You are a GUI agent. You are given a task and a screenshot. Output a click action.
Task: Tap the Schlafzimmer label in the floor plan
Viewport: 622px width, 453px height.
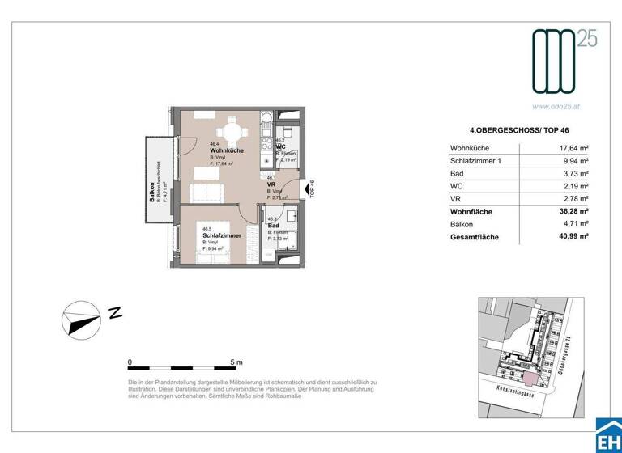tap(220, 235)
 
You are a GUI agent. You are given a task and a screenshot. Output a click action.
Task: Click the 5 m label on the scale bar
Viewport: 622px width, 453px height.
tap(236, 362)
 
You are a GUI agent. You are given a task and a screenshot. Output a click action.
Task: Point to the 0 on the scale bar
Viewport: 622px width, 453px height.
tap(130, 362)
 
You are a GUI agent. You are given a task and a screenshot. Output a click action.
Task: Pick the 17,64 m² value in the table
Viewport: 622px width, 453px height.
tap(573, 148)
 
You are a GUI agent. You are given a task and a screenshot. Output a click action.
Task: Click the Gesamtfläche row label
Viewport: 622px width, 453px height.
tap(474, 237)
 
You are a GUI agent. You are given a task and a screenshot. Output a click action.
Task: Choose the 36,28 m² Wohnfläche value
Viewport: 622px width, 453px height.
tap(572, 211)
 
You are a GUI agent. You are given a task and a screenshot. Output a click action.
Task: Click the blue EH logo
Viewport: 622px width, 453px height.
tap(607, 438)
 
